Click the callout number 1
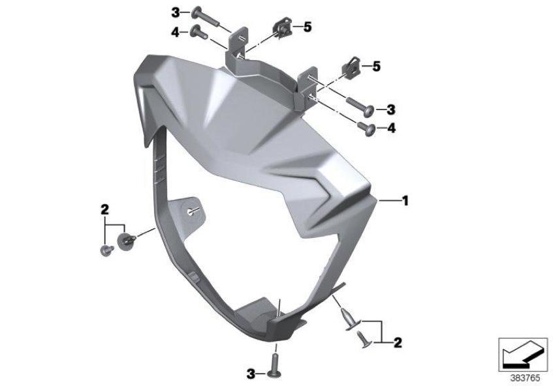(x=405, y=201)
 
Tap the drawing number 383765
(x=525, y=379)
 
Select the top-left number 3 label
(x=176, y=13)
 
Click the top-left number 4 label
(x=176, y=33)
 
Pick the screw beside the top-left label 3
(x=205, y=18)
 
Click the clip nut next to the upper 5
(x=283, y=29)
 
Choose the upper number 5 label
(x=308, y=27)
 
